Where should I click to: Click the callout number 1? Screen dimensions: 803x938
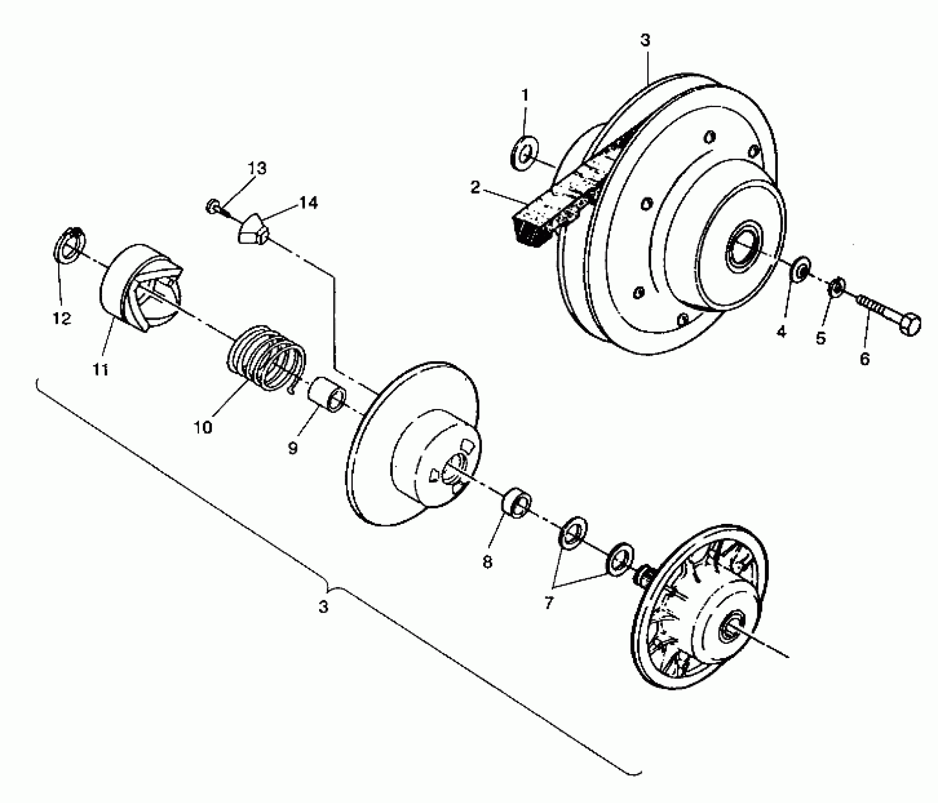525,96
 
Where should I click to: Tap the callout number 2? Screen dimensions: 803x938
475,187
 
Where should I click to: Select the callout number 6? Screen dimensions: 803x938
864,359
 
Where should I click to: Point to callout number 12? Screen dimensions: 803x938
62,319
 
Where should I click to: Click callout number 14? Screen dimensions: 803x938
308,203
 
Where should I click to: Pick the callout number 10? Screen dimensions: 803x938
203,427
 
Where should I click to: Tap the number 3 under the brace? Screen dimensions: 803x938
323,607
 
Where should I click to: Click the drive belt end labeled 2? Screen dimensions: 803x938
534,227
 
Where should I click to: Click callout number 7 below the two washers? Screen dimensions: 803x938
548,603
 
